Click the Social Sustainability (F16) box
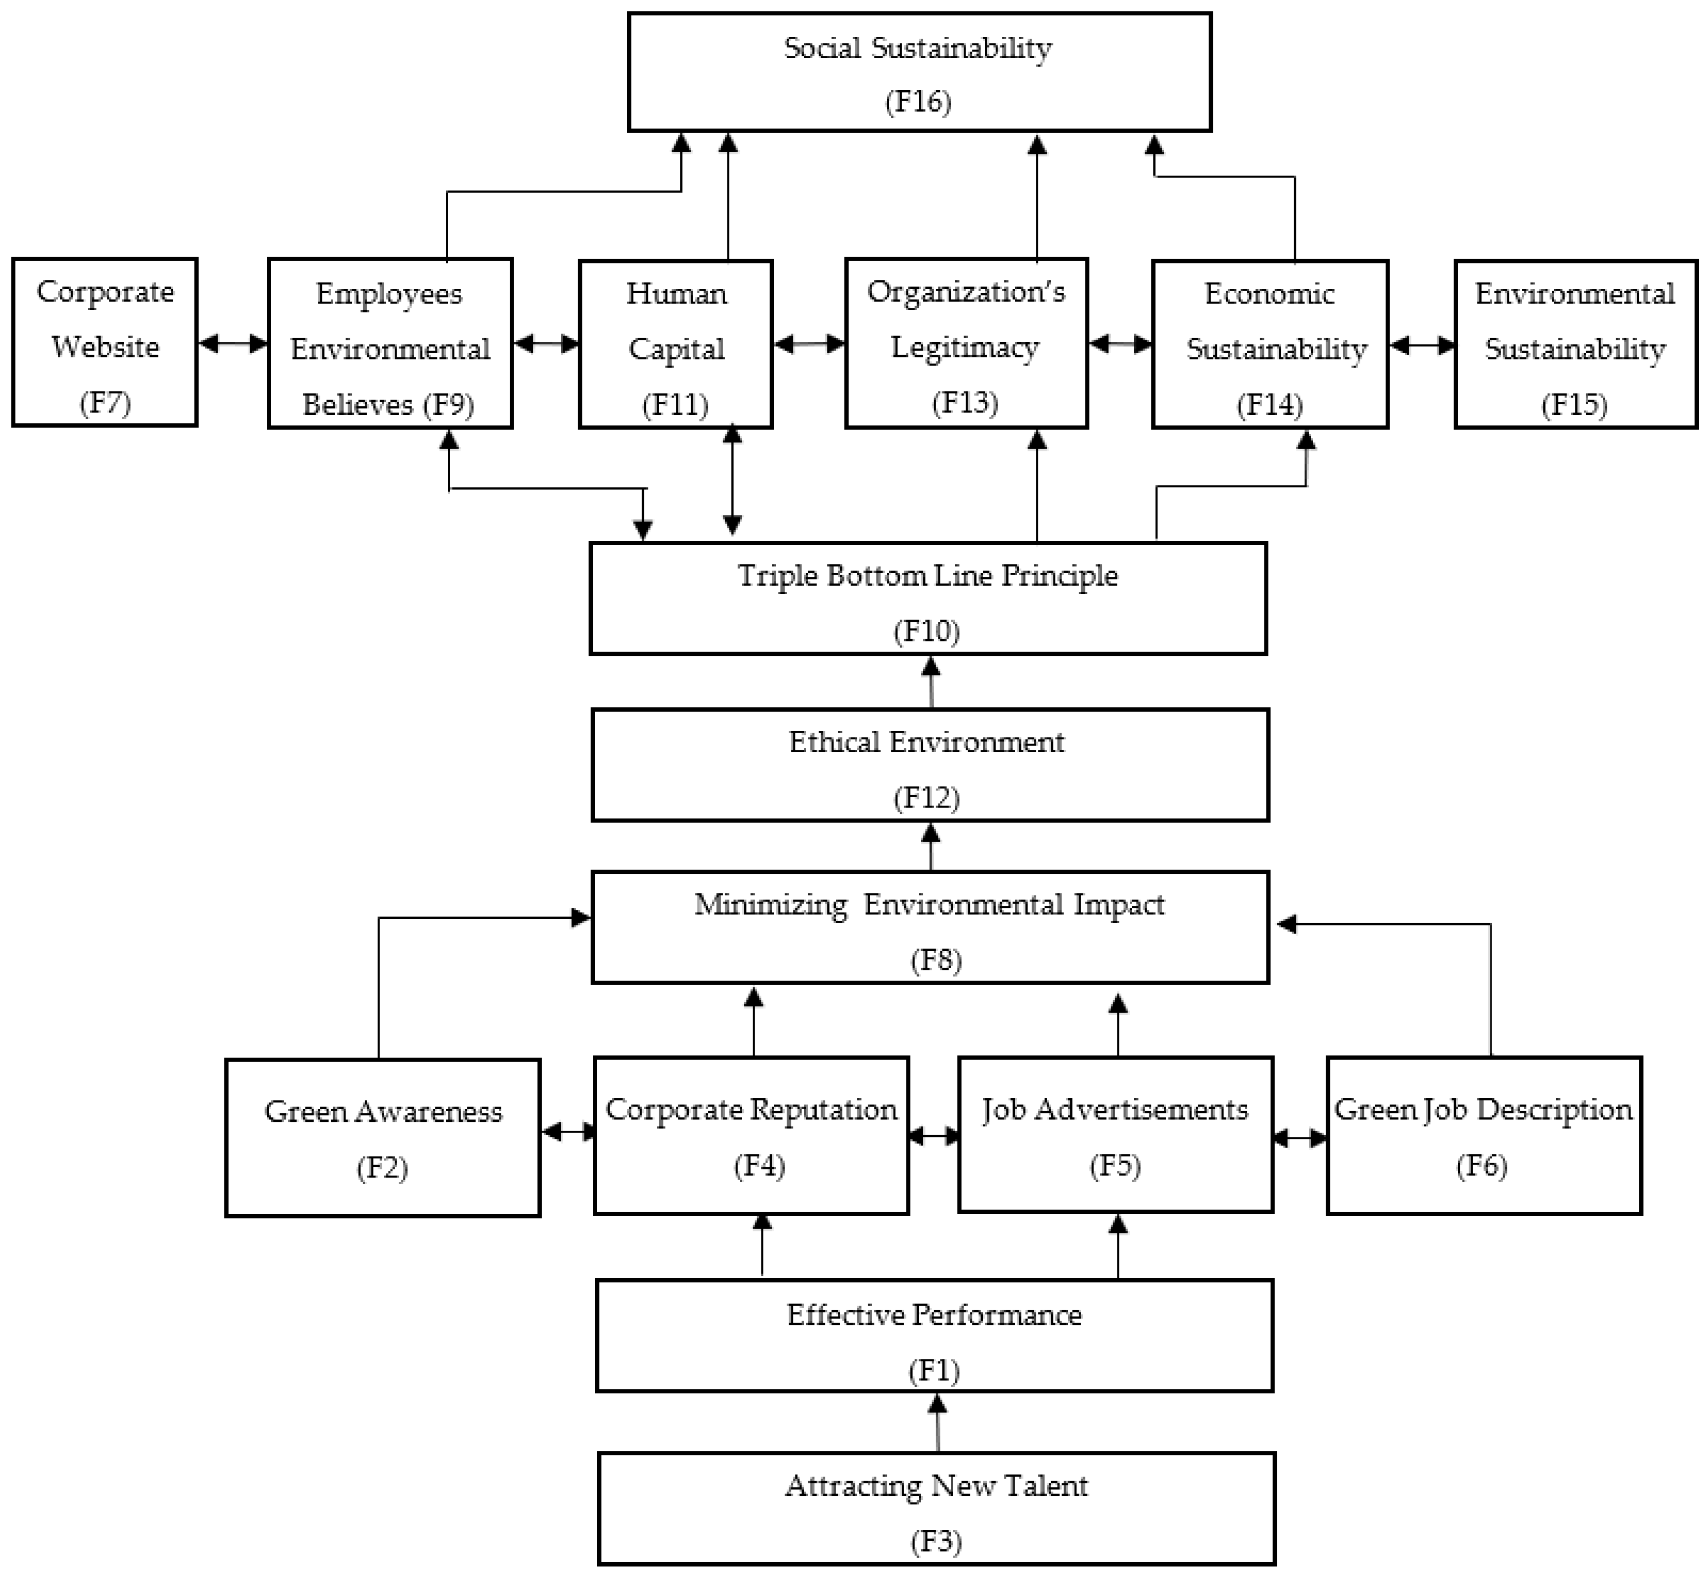(x=919, y=73)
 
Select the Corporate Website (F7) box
(x=105, y=342)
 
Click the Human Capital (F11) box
(x=676, y=344)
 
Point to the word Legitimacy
(x=965, y=347)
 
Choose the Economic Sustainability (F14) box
(x=1270, y=344)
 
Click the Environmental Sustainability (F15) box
(x=1575, y=344)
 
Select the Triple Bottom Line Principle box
(x=927, y=598)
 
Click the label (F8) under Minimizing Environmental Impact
(x=936, y=960)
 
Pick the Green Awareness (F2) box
(x=383, y=1137)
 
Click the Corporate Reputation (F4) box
(x=751, y=1135)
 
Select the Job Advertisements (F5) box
(x=1116, y=1135)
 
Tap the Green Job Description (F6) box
(x=1483, y=1135)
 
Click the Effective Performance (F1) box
(x=935, y=1335)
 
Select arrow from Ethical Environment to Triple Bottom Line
(x=930, y=682)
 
